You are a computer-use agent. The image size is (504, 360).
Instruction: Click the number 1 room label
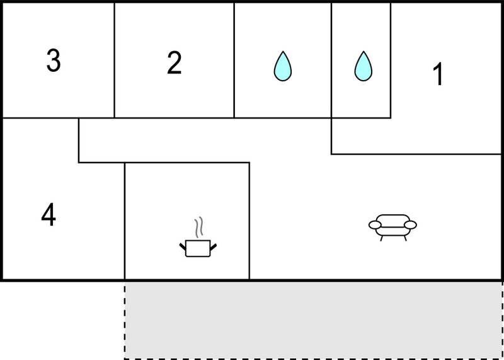point(438,74)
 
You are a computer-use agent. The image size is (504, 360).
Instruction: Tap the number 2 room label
point(175,63)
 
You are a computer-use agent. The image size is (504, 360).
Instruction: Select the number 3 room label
point(54,61)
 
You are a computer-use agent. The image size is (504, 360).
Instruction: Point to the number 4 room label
point(49,216)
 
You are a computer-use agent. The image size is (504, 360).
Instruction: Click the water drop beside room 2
point(283,66)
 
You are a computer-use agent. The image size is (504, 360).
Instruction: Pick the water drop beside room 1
point(364,66)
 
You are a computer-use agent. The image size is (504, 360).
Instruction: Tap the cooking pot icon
point(198,248)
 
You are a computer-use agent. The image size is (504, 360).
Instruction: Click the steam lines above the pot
point(199,227)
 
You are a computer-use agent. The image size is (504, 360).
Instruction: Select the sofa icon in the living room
point(392,228)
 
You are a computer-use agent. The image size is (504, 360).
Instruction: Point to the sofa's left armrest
point(375,225)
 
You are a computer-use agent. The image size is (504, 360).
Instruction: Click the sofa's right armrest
point(411,225)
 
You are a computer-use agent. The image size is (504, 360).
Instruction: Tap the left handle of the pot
point(183,247)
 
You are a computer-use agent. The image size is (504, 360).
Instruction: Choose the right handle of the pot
point(214,247)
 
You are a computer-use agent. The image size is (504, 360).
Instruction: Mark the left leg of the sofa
point(382,238)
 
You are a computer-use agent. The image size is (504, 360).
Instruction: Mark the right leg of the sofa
point(405,238)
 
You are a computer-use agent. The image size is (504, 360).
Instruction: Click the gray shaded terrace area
point(313,321)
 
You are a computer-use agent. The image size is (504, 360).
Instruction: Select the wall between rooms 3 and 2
point(115,60)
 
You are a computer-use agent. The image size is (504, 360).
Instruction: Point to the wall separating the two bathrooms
point(331,60)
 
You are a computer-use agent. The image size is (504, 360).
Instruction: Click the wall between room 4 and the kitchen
point(125,221)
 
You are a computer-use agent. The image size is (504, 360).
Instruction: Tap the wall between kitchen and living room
point(249,221)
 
